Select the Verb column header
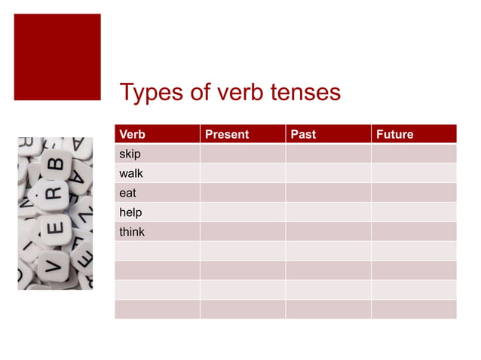tap(132, 134)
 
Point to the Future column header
tap(395, 134)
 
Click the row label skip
tap(130, 154)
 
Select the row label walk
tap(131, 173)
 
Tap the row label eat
tap(127, 193)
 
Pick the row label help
tap(130, 212)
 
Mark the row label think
tap(132, 232)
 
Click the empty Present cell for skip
tap(242, 154)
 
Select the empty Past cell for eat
tap(328, 193)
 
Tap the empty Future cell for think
tap(413, 232)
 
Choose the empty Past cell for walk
tap(328, 173)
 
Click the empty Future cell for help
tap(413, 212)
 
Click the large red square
tap(57, 56)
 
